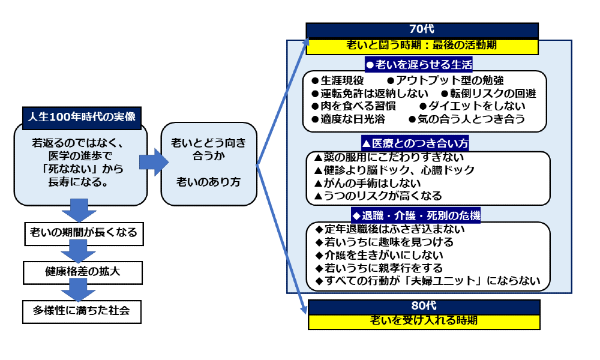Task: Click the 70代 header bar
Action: (422, 30)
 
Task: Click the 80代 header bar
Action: (424, 307)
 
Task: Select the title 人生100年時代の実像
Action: (82, 117)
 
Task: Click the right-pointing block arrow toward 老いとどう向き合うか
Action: (154, 162)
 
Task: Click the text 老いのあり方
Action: (209, 182)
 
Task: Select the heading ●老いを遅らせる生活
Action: (419, 64)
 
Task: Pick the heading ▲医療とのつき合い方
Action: (415, 143)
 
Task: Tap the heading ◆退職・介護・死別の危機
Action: (416, 215)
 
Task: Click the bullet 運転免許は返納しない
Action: (370, 94)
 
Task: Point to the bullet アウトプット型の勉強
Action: (445, 80)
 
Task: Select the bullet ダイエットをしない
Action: (473, 106)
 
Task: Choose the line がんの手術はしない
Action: (367, 183)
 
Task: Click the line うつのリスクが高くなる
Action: (377, 196)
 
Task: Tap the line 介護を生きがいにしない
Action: (379, 255)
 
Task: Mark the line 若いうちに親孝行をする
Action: (379, 268)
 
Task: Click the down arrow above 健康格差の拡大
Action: (79, 251)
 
